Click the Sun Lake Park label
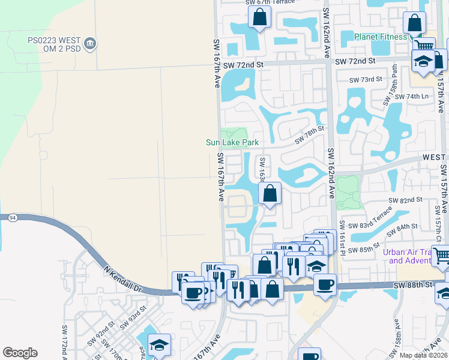coord(232,143)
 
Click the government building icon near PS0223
coord(90,44)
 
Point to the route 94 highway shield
coord(13,218)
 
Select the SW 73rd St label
coord(366,80)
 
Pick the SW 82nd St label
coord(406,199)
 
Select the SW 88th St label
coord(414,284)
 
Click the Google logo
coord(20,353)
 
